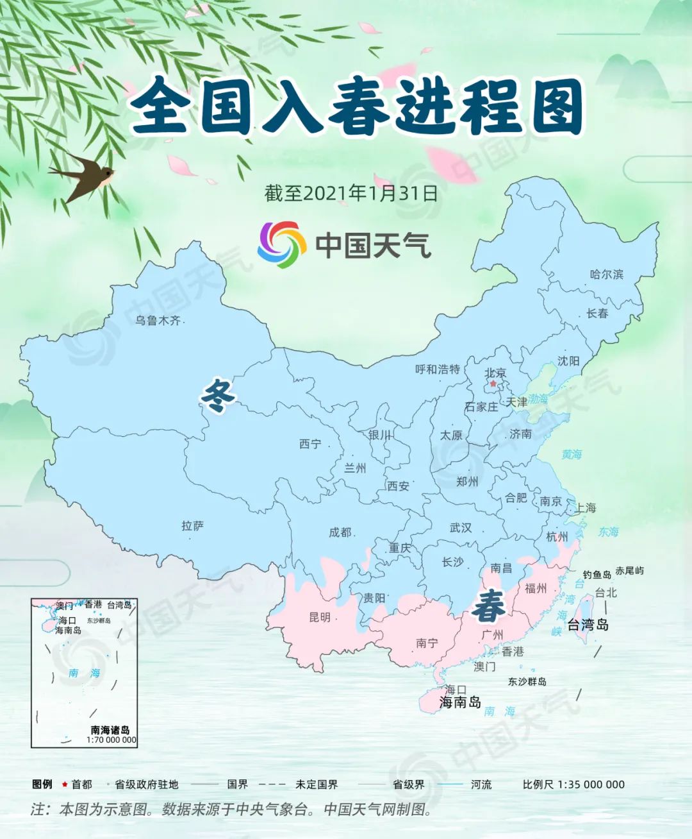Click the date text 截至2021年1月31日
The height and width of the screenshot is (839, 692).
pos(351,193)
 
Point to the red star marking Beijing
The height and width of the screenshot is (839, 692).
pos(493,384)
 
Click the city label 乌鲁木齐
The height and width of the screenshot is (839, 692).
pos(158,320)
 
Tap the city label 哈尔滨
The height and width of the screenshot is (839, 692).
pos(606,275)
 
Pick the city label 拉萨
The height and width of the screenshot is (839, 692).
pos(192,526)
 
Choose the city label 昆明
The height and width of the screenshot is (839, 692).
pos(320,617)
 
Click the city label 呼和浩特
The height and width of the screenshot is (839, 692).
pos(438,369)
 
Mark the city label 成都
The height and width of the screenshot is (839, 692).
pos(340,532)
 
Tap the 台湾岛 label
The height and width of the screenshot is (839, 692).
pos(588,624)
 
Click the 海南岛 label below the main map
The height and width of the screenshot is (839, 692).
pos(460,702)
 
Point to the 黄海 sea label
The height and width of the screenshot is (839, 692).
pos(572,454)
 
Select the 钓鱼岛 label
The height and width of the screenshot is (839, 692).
pos(597,575)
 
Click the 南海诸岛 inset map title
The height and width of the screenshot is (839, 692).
pos(110,730)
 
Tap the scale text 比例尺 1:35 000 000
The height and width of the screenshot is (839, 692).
pos(573,784)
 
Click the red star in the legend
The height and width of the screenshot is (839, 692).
pos(65,784)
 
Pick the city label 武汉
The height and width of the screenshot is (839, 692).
pos(460,528)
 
